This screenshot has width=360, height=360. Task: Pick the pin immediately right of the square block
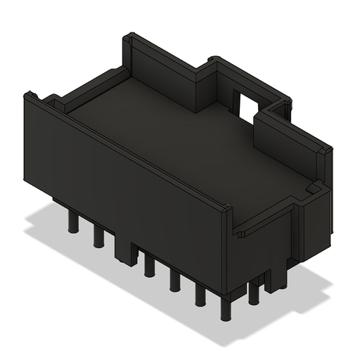[149, 266]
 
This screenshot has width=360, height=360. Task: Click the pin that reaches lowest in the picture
[226, 309]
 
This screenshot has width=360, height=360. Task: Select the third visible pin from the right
[200, 295]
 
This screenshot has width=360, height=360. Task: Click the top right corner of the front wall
[227, 209]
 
